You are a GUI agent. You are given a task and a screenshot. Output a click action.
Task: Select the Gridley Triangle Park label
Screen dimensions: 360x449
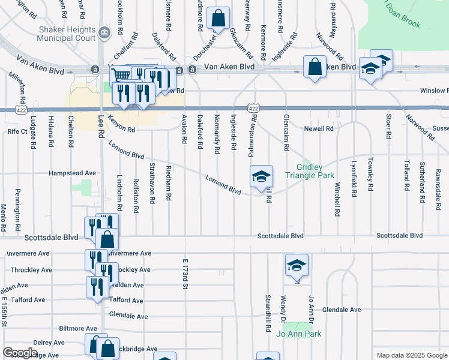(318, 171)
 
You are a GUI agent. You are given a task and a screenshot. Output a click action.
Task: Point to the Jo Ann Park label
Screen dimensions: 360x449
(299, 334)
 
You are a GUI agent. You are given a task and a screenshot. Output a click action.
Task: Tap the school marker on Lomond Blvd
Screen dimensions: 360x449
(262, 177)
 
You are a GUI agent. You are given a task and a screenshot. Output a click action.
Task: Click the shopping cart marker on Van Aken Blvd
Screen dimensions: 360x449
(122, 76)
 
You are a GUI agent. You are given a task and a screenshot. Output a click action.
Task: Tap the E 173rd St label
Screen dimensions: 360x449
(185, 275)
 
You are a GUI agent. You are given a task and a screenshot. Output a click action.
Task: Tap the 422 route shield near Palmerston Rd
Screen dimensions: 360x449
(253, 108)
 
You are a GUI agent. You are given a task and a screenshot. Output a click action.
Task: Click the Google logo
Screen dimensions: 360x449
(20, 352)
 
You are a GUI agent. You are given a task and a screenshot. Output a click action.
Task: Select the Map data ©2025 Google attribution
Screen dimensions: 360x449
(411, 355)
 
